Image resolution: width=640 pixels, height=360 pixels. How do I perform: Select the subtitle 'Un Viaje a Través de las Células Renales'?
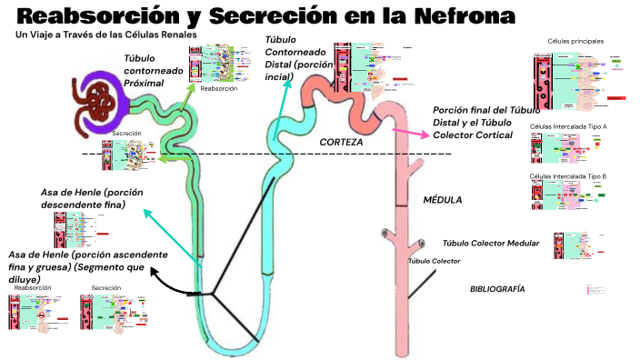click(x=106, y=35)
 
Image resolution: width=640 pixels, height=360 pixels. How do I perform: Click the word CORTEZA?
click(x=341, y=143)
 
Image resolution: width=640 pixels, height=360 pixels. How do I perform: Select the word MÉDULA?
click(x=443, y=200)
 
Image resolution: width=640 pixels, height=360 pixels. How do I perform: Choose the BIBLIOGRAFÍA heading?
click(x=496, y=288)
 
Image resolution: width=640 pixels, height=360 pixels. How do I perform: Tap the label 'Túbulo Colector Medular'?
click(x=491, y=243)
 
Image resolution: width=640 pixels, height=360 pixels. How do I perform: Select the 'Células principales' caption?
click(x=575, y=41)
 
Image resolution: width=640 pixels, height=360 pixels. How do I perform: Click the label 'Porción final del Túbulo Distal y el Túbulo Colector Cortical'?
click(x=485, y=123)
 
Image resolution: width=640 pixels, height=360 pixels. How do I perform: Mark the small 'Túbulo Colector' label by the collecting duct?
click(x=434, y=261)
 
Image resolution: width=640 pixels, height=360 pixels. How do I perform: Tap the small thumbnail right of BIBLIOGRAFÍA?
click(x=595, y=290)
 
